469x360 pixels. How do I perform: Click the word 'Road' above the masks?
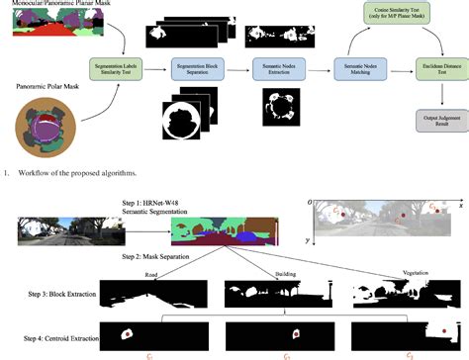[x=150, y=275]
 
